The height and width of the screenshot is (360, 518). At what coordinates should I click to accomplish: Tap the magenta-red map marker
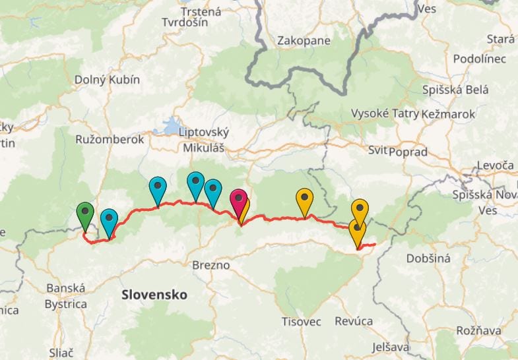point(239,199)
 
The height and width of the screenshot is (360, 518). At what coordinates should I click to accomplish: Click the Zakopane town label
point(304,41)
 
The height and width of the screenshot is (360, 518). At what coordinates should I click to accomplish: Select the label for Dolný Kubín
point(107,80)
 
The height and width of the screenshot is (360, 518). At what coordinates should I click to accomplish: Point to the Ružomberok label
point(110,140)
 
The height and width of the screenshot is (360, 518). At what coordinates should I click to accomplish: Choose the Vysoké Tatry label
point(385,113)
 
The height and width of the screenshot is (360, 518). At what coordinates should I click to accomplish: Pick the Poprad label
point(408,152)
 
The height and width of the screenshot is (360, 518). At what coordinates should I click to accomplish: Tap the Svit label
point(377,150)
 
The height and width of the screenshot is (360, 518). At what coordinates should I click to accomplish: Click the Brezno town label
point(210,265)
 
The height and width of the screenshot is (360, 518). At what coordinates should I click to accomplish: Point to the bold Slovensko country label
point(154,294)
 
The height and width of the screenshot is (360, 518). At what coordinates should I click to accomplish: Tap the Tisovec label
point(301,321)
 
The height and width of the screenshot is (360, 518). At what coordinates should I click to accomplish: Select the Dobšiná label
point(428,258)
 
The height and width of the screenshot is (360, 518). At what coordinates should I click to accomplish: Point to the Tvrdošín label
point(185,22)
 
